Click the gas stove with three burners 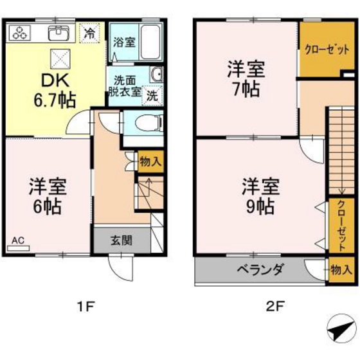click(20, 33)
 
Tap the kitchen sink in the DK click(59, 33)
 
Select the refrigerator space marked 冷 click(89, 33)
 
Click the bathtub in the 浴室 click(150, 42)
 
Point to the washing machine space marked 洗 click(152, 96)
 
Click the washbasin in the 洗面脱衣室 click(156, 75)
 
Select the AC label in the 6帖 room click(18, 240)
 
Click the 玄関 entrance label click(122, 240)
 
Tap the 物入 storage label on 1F click(151, 161)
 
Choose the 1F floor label click(86, 307)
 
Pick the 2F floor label click(276, 307)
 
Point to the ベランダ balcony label click(260, 269)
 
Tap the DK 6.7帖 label click(55, 91)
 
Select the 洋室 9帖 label click(261, 196)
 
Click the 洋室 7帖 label click(246, 78)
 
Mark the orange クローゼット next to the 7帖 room click(327, 49)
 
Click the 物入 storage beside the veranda click(341, 269)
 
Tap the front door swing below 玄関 click(121, 267)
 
